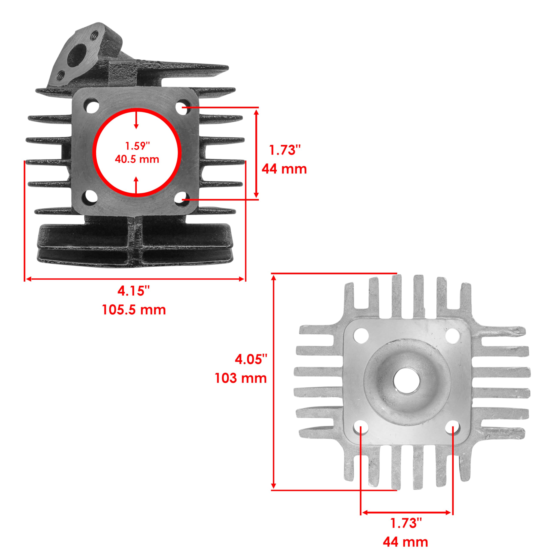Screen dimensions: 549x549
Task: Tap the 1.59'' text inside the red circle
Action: tap(137, 146)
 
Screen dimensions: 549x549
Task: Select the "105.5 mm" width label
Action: tap(134, 309)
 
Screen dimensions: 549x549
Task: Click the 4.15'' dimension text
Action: tap(134, 291)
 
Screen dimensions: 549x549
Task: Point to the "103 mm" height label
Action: tap(240, 378)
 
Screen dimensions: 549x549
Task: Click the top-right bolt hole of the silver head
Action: tap(452, 336)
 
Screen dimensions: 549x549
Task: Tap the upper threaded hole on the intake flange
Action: tap(95, 36)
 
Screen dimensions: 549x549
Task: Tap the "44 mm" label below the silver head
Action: tap(405, 542)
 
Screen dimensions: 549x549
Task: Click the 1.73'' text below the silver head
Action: tap(406, 523)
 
